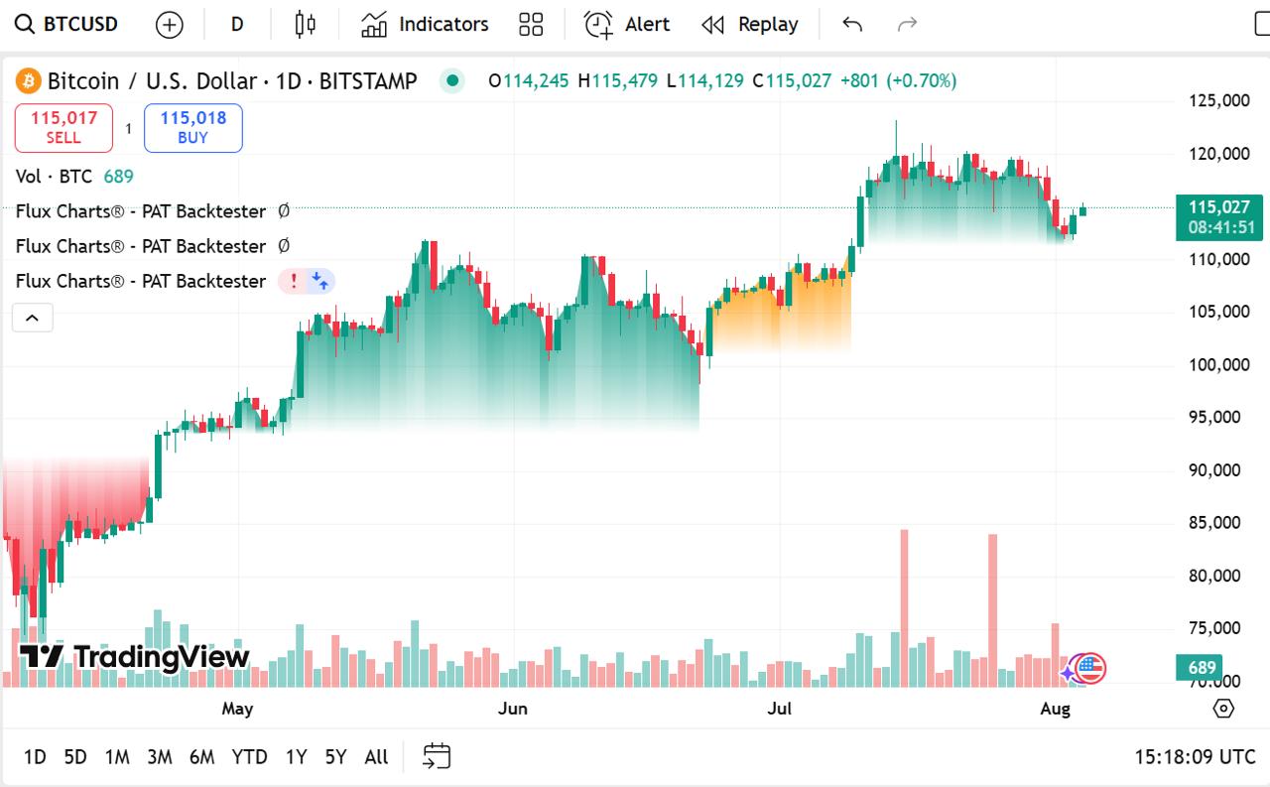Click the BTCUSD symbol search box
click(x=67, y=24)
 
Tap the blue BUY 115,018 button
click(x=193, y=128)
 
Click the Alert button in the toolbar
click(x=627, y=24)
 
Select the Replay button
click(x=750, y=24)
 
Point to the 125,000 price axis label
click(x=1219, y=100)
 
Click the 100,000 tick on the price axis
click(x=1219, y=364)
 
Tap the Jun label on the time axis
click(x=513, y=709)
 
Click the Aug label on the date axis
click(x=1055, y=709)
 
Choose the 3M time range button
click(x=160, y=757)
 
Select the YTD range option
click(x=249, y=757)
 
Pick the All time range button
click(x=376, y=757)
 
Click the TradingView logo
click(x=135, y=656)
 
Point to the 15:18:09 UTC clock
click(x=1195, y=757)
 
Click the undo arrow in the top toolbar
click(x=852, y=24)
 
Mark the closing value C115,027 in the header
click(x=792, y=81)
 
